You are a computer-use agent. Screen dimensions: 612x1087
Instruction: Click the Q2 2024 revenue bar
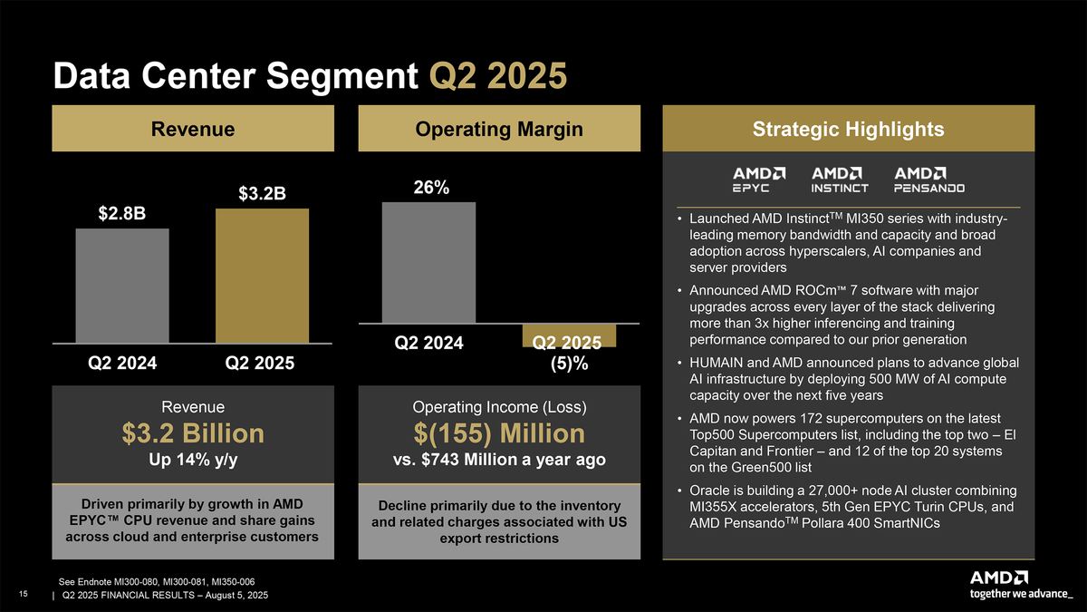122,286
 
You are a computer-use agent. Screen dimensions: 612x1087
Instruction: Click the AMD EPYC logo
758,179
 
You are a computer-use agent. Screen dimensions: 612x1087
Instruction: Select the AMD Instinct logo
840,179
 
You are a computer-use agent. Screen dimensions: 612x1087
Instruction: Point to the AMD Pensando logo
929,179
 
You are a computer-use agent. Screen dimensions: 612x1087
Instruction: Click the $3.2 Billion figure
193,433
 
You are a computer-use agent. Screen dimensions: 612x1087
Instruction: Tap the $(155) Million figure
498,433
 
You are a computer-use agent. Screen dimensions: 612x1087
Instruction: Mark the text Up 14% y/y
193,461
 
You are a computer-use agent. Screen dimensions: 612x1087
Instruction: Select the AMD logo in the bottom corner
998,578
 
